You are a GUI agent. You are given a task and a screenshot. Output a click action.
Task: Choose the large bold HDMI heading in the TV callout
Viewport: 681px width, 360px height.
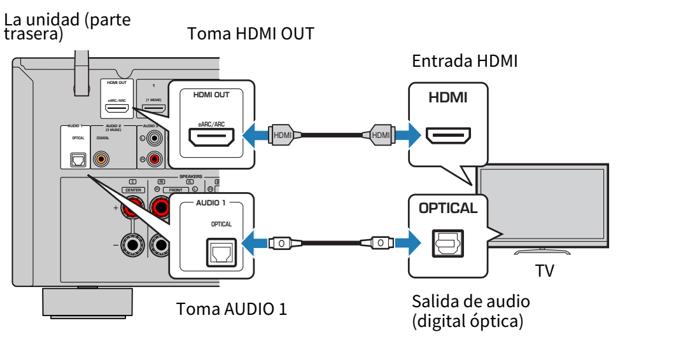point(447,98)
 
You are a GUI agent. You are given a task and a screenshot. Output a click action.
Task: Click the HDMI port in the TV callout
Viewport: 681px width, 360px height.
point(448,135)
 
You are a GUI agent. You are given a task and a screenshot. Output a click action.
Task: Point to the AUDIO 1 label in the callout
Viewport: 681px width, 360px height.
point(211,204)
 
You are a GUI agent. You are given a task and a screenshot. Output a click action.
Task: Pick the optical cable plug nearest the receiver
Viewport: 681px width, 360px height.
point(281,242)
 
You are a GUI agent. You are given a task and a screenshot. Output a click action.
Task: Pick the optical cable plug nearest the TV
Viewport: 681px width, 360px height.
point(379,242)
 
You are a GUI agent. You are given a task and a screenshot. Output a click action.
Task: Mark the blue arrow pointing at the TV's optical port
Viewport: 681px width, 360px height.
point(408,242)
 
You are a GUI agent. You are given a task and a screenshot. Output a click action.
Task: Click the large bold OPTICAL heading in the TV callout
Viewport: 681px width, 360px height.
point(447,209)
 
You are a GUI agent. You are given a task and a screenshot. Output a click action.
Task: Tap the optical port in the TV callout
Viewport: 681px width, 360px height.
point(448,242)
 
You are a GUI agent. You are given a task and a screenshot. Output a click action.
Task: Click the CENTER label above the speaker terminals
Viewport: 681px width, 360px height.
point(133,190)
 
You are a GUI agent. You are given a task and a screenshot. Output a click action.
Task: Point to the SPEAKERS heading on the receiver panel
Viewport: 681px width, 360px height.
point(190,176)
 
